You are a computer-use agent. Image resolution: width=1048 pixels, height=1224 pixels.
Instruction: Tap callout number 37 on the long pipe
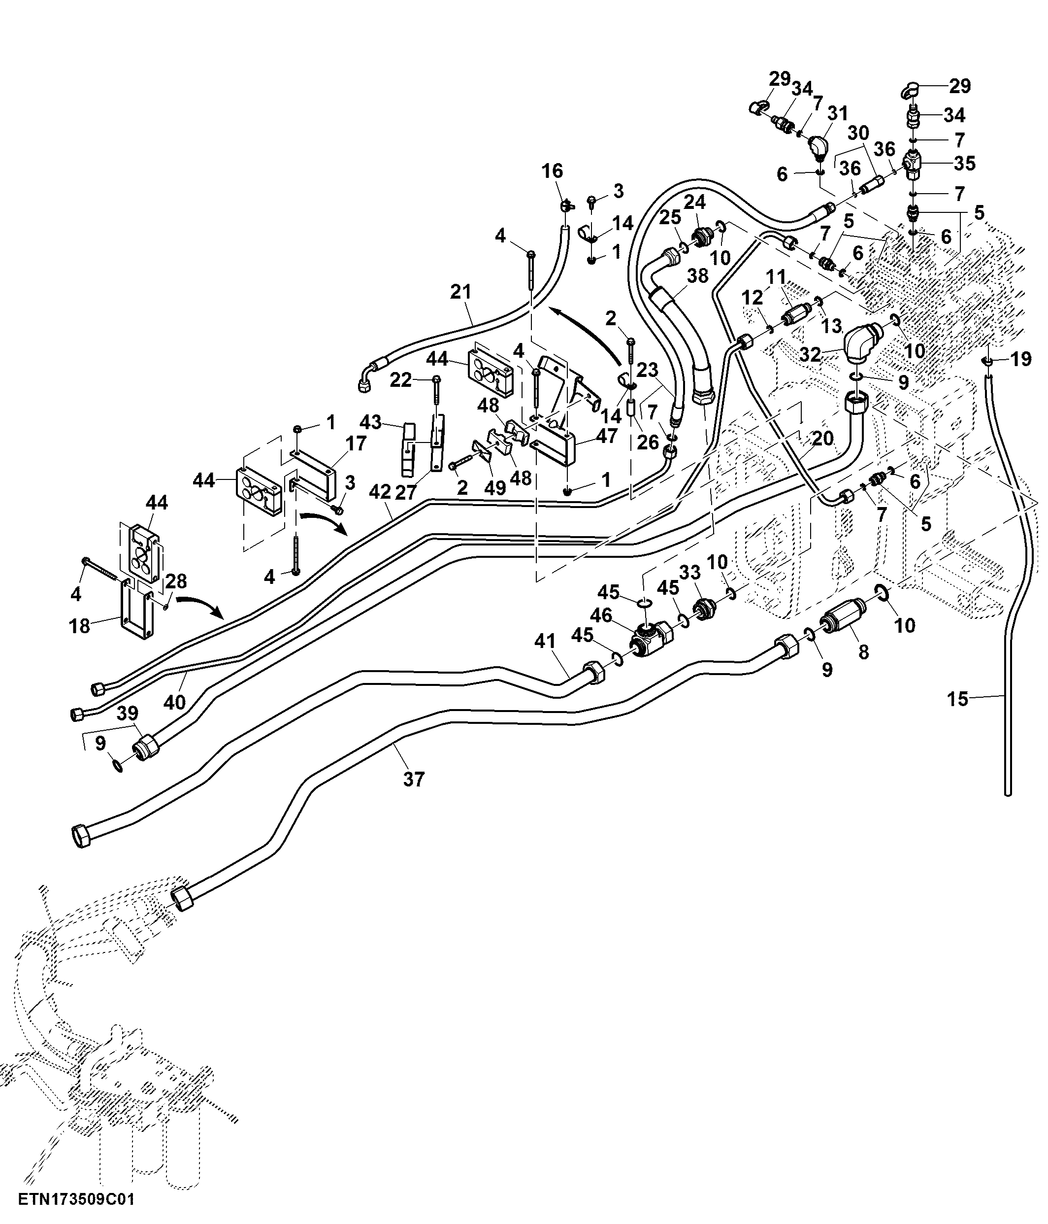tap(413, 779)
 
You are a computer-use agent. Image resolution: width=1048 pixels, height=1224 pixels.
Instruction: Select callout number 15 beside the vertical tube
tap(958, 699)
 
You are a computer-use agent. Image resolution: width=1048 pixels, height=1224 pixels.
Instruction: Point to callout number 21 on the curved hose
tap(461, 292)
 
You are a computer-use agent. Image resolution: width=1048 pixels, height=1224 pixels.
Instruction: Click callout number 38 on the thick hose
tap(697, 276)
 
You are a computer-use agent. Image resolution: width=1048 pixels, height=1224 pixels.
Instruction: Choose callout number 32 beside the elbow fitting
tap(810, 354)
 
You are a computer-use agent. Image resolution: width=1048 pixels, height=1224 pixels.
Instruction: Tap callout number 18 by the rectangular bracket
tap(80, 626)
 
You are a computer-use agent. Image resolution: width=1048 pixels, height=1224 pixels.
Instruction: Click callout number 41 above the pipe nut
tap(545, 641)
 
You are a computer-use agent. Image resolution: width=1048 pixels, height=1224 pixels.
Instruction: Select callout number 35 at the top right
tap(965, 163)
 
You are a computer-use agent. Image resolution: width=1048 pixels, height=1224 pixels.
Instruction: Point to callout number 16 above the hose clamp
tap(552, 171)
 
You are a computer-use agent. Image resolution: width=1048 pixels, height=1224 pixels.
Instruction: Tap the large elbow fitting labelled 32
tap(862, 342)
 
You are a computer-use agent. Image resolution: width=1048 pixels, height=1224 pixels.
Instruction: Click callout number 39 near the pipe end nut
tap(127, 713)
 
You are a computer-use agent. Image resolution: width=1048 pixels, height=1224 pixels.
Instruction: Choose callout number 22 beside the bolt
tap(401, 380)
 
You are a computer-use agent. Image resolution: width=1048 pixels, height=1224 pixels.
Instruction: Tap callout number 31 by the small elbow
tap(837, 112)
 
